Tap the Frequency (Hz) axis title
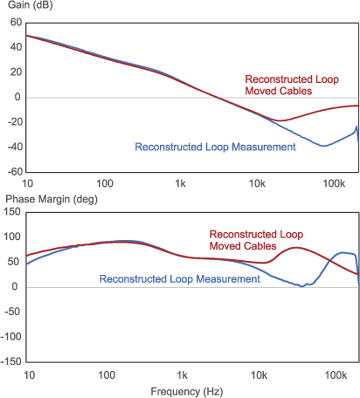pos(186,390)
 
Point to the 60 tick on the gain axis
pos(16,22)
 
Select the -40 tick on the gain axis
pos(14,147)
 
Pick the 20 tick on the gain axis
pos(16,72)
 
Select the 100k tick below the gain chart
pos(334,183)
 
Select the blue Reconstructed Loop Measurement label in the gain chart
pos(215,147)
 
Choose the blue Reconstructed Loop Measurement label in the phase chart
pos(180,279)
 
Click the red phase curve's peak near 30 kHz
pos(295,247)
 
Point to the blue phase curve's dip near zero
pos(301,286)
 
